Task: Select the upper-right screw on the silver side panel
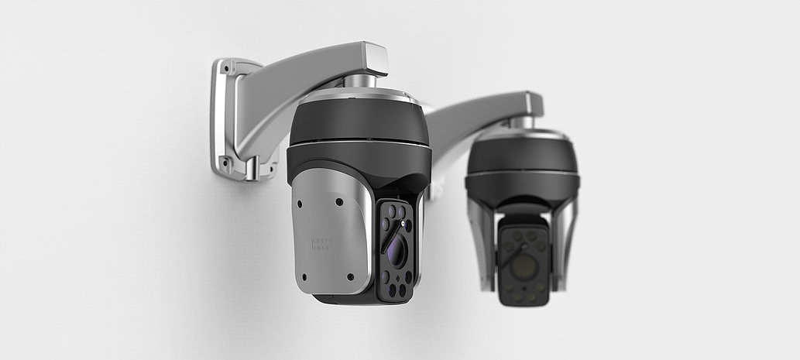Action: pyautogui.click(x=339, y=202)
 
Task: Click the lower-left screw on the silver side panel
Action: pyautogui.click(x=303, y=276)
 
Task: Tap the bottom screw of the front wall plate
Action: pyautogui.click(x=225, y=163)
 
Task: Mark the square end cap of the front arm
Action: pyautogui.click(x=375, y=58)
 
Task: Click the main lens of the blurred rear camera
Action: pyautogui.click(x=524, y=266)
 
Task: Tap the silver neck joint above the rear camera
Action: pyautogui.click(x=522, y=122)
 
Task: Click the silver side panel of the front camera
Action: pyautogui.click(x=329, y=232)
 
